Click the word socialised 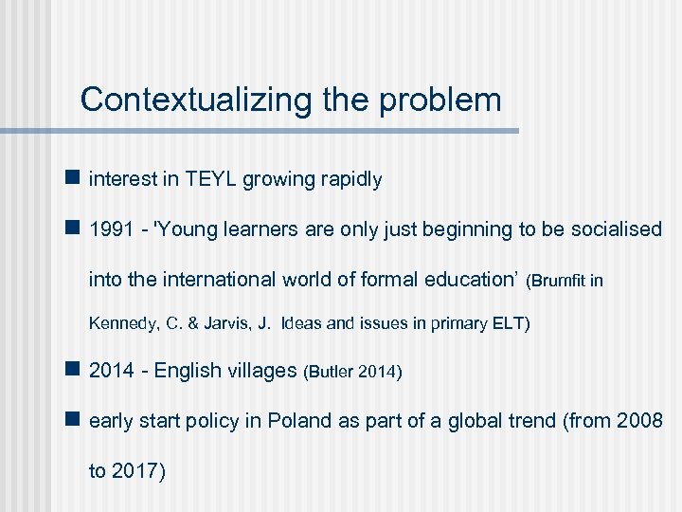pos(615,229)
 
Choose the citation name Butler pos(330,372)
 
